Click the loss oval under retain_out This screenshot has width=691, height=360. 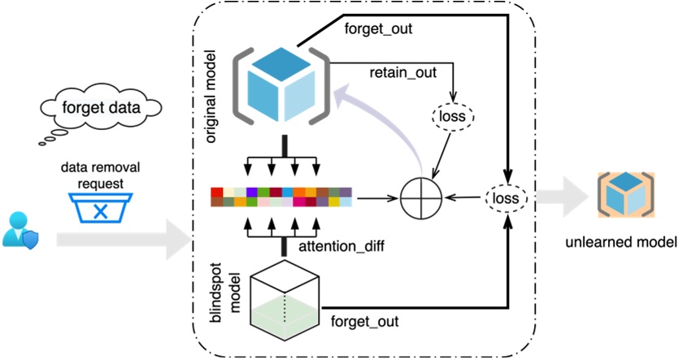(x=453, y=116)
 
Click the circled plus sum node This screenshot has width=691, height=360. (x=420, y=197)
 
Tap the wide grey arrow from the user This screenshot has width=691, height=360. (x=122, y=238)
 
